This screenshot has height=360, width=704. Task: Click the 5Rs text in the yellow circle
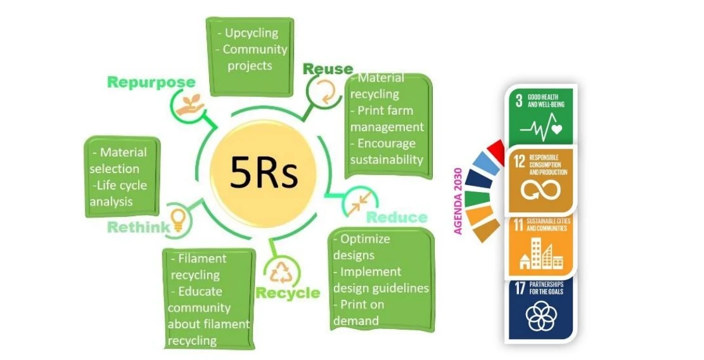point(263,172)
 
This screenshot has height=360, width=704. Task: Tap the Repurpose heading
point(151,82)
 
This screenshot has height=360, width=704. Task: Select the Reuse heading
point(328,68)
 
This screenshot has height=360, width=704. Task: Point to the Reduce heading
point(397,217)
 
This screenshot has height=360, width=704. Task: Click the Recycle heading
point(288,293)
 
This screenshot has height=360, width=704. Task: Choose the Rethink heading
point(138,227)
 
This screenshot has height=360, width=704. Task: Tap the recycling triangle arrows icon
point(281,271)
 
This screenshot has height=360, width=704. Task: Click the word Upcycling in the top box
point(252,33)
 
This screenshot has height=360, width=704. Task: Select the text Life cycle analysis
point(118,193)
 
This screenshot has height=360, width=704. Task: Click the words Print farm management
point(387,119)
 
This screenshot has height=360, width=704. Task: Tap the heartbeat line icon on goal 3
point(541,127)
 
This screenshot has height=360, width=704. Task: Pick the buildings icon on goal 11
point(541,255)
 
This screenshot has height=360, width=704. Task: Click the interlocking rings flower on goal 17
point(540,315)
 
